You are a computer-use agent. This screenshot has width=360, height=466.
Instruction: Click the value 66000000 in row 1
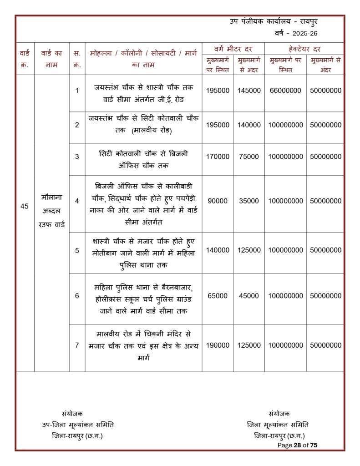pos(285,91)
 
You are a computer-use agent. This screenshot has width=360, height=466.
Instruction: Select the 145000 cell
pos(249,91)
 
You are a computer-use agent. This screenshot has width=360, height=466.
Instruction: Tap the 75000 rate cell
pos(249,157)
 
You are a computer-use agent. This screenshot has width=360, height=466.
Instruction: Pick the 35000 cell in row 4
pos(249,201)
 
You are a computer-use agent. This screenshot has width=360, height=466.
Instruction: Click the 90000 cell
pos(218,201)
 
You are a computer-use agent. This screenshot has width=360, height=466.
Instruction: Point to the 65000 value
pos(218,296)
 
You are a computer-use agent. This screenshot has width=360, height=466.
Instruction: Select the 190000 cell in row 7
pos(218,345)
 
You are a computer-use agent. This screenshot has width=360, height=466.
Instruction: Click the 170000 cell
pos(218,157)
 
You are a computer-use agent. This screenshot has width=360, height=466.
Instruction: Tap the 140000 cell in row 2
pos(249,125)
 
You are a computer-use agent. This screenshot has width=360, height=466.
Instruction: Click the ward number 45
pos(25,206)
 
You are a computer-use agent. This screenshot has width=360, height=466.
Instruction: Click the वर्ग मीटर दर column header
pos(233,48)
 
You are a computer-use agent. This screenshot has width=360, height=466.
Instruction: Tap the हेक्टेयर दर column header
pos(304,48)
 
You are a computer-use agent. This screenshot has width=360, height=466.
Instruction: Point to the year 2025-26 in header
pos(300,33)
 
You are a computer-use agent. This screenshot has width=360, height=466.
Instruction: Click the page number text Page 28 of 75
pos(297,445)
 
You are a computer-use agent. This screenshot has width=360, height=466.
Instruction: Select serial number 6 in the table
pos(77,296)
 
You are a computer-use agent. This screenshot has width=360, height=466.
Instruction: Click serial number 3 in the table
pos(77,157)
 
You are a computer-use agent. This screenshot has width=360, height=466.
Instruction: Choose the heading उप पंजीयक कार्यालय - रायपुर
pos(279,21)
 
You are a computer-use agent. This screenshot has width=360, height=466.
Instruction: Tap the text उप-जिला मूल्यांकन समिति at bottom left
pos(78,424)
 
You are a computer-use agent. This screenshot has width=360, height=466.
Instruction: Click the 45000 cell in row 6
pos(249,296)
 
